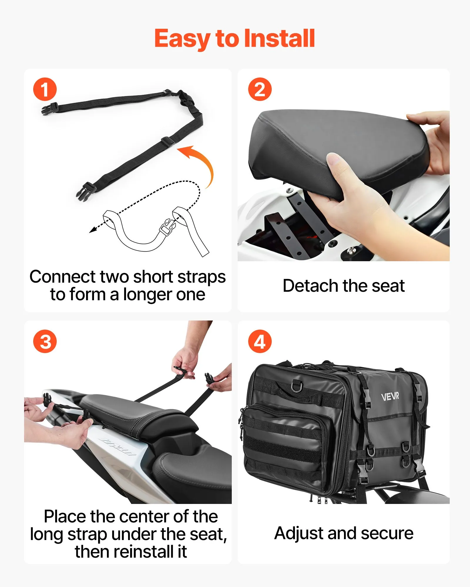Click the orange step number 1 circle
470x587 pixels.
pyautogui.click(x=45, y=89)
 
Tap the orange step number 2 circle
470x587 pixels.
pyautogui.click(x=260, y=89)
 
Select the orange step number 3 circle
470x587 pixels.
pyautogui.click(x=45, y=341)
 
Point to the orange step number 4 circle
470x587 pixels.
pyautogui.click(x=260, y=341)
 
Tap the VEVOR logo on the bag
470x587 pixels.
pyautogui.click(x=390, y=397)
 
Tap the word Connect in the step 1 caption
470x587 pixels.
pyautogui.click(x=63, y=276)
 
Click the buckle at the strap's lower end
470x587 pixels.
pyautogui.click(x=85, y=191)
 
